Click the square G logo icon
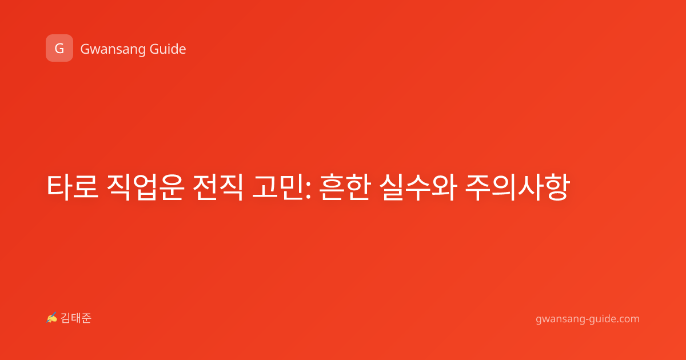coord(59,48)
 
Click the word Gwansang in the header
coord(113,50)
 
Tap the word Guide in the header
coord(168,49)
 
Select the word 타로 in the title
coord(73,187)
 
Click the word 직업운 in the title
coord(145,187)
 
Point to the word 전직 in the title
coord(218,187)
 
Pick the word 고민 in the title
coord(277,187)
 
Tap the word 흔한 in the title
coord(345,187)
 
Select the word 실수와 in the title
coord(418,187)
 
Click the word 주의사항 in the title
coord(517,187)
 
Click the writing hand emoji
coord(52,318)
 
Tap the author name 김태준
coord(76,318)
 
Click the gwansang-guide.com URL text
coord(588,319)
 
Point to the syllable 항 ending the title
coord(558,187)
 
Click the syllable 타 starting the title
coord(59,187)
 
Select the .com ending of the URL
coord(628,319)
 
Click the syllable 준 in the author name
coord(86,318)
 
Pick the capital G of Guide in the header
coord(154,49)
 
